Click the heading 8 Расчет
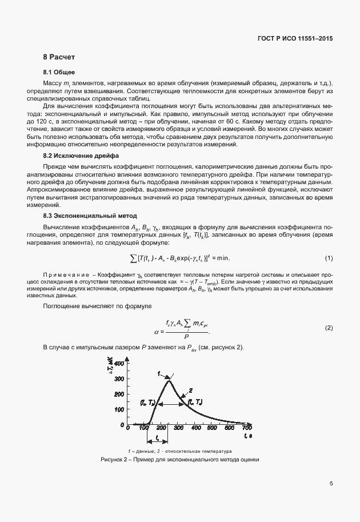tap(59, 58)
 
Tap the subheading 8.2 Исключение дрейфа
tap(81, 155)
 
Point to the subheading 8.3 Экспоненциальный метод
tap(90, 216)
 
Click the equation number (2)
tap(329, 328)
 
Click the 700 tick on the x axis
tap(247, 428)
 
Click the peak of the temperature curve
tap(168, 381)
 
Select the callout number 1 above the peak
tap(159, 373)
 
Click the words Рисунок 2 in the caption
tap(114, 459)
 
